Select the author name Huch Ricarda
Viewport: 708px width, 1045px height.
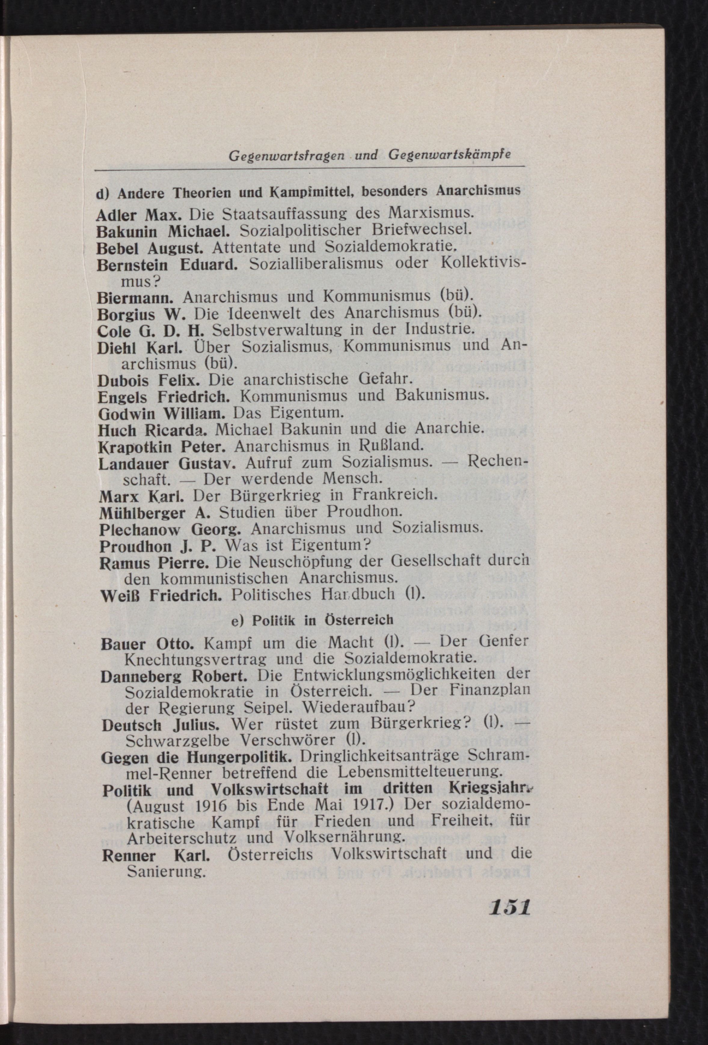152,430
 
